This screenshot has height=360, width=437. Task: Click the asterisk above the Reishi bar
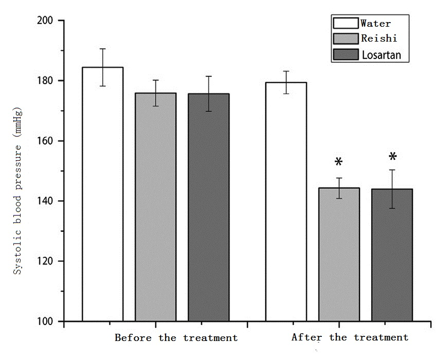338,163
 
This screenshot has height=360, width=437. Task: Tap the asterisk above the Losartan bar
392,157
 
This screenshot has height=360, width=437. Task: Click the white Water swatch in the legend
345,23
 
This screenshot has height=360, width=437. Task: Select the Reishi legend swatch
345,39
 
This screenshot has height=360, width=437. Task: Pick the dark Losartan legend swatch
345,54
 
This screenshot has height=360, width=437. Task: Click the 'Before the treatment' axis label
176,338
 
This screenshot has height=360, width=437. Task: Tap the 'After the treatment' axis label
350,337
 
